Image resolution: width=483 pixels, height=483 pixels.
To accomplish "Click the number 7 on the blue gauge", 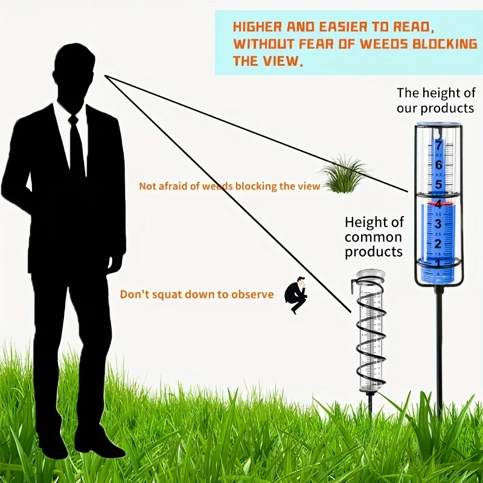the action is (x=438, y=145).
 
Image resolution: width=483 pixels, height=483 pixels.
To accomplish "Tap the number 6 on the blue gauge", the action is (x=438, y=165).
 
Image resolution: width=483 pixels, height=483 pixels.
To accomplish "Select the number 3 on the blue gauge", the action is (x=438, y=224).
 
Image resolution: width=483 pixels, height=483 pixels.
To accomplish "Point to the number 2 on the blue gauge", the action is (x=438, y=243).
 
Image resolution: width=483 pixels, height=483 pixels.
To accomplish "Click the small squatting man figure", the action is (x=296, y=295).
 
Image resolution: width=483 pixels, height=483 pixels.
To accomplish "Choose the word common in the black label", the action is (x=373, y=237).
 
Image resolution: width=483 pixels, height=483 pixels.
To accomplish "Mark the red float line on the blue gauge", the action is (x=438, y=204).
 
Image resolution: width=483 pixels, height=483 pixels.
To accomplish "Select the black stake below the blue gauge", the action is (x=439, y=350).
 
